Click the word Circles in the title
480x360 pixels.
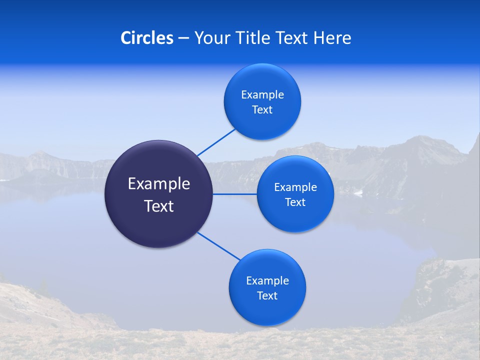147,38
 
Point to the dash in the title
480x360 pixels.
183,38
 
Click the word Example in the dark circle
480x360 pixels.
159,184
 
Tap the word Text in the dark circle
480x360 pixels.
159,206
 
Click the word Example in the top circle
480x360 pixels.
262,95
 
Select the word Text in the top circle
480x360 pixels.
262,110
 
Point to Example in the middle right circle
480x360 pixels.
295,187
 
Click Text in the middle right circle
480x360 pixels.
295,202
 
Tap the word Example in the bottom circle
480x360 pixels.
267,281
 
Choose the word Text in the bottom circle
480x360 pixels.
267,296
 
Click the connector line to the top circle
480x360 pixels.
216,142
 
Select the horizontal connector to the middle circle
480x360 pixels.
235,194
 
